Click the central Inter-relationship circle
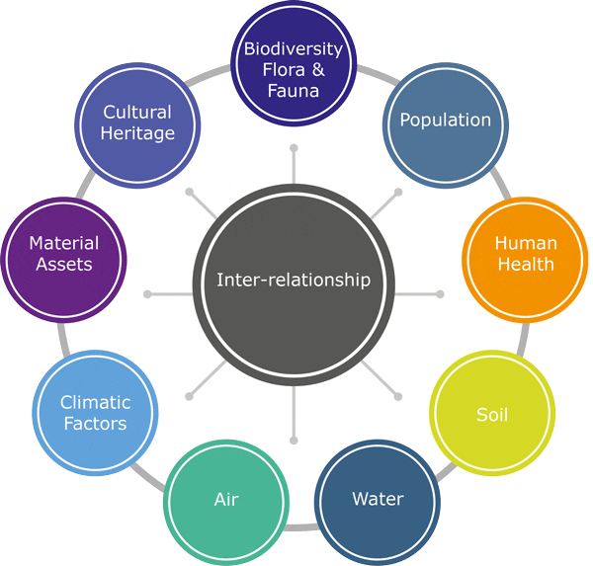[294, 281]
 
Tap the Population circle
[445, 121]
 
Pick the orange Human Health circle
[525, 254]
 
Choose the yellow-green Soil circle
[492, 414]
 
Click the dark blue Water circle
[378, 499]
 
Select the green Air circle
[226, 499]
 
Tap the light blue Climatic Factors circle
[95, 413]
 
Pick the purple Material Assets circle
[64, 254]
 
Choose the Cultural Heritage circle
[137, 122]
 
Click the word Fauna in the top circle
[294, 90]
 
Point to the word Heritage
[137, 133]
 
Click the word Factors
[95, 424]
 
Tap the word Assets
[64, 265]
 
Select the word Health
[526, 265]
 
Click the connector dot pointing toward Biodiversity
[294, 148]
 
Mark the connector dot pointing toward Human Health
[440, 293]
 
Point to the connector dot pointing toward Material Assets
[148, 293]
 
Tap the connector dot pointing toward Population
[398, 191]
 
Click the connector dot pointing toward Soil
[398, 396]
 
